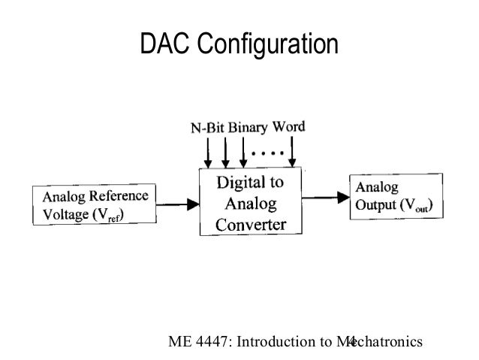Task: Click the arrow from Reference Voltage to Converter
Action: click(x=177, y=201)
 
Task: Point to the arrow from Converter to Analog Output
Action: click(x=324, y=197)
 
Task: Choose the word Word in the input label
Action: click(x=290, y=126)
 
